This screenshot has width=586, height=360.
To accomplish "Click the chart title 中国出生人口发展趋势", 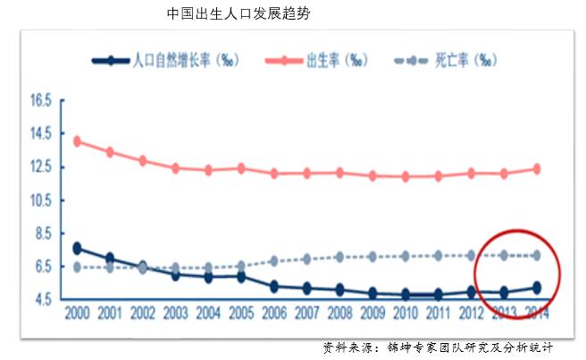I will [239, 14].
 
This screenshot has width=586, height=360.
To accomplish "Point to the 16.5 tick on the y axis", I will [41, 101].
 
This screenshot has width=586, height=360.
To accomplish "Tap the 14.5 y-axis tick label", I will [41, 134].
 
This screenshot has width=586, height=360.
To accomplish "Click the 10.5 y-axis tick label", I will [41, 201].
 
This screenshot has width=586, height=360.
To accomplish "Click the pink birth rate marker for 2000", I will [77, 141].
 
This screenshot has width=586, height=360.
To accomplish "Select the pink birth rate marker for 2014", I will [536, 169].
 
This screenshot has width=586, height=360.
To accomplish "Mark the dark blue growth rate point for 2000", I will [77, 248].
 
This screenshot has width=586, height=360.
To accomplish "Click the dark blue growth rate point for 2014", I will [536, 288].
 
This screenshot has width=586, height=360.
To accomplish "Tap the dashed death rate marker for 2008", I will [339, 256].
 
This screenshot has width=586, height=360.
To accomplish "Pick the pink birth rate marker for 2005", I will [240, 168].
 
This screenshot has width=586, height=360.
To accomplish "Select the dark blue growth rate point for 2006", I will [273, 286].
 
